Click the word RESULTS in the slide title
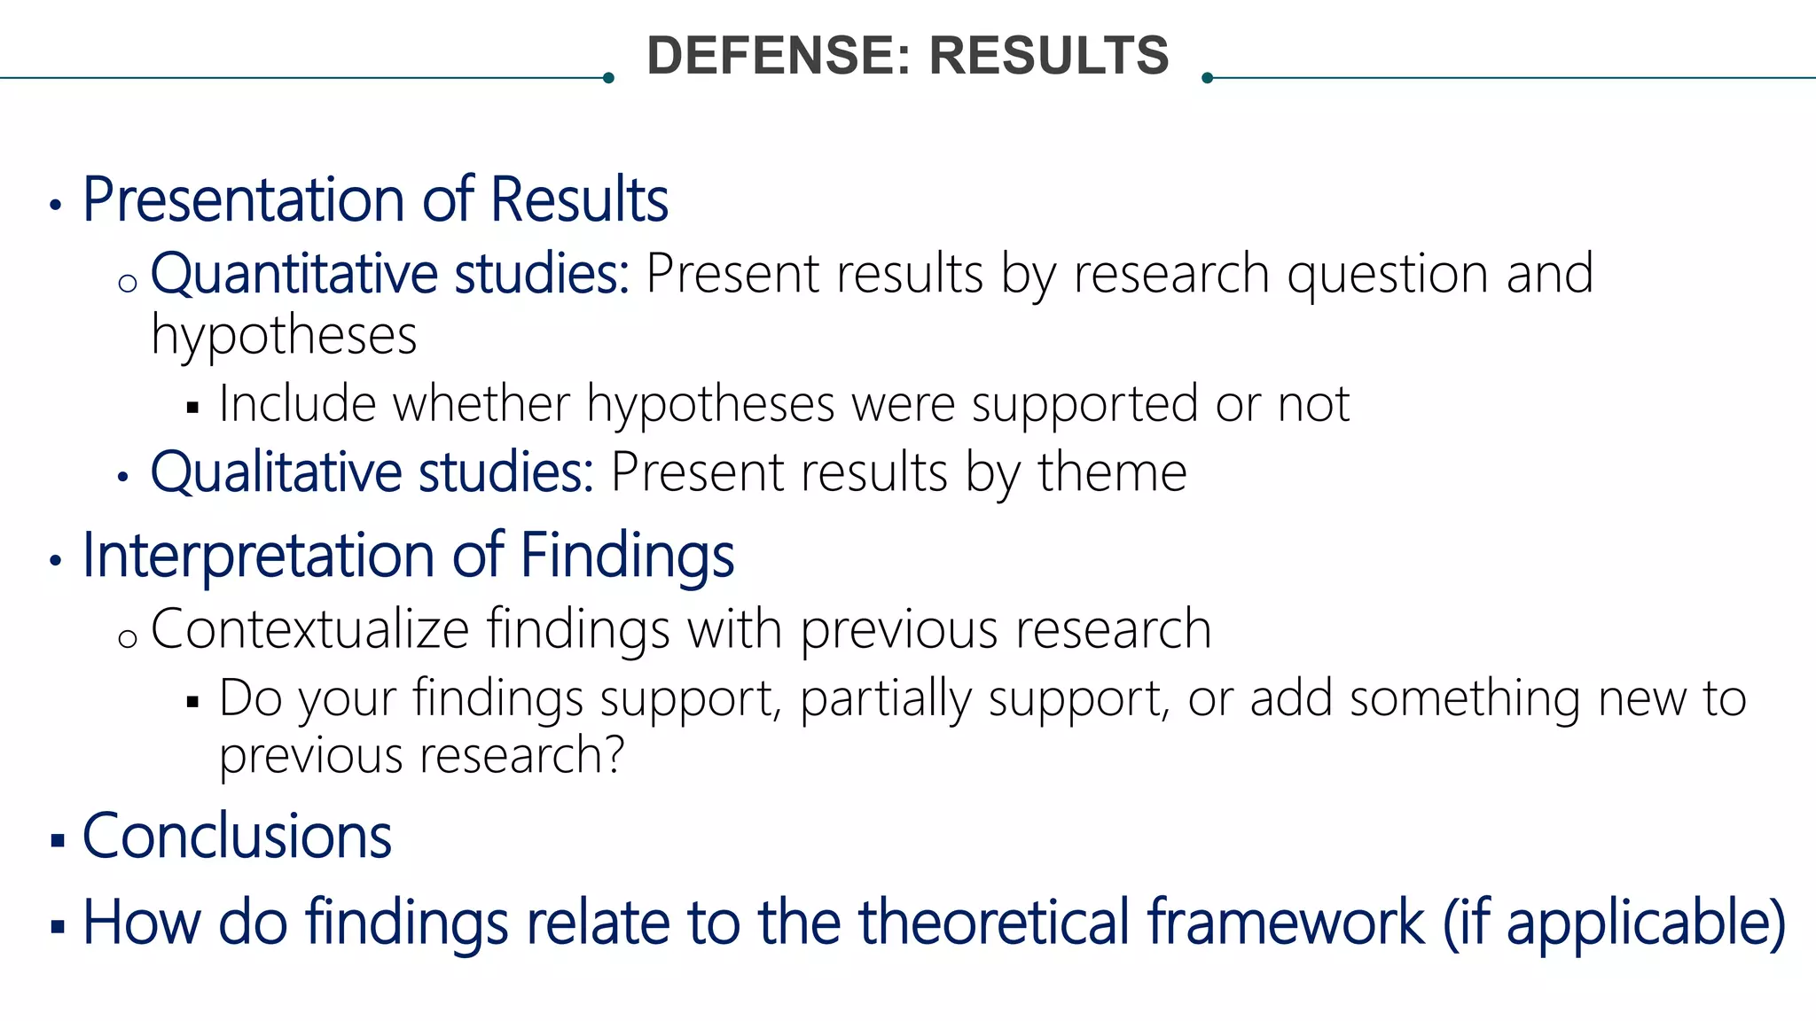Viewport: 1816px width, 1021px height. coord(1049,56)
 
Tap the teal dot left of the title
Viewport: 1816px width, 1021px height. coord(608,78)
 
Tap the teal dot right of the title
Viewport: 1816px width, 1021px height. coord(1207,78)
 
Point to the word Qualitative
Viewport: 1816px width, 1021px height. coord(276,472)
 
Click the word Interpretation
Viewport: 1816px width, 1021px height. coord(258,557)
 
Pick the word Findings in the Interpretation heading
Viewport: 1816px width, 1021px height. coord(627,557)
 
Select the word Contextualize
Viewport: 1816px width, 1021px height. coord(309,629)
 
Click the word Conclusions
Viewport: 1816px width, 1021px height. coord(237,837)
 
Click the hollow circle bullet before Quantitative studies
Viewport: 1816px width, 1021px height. coord(128,284)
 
